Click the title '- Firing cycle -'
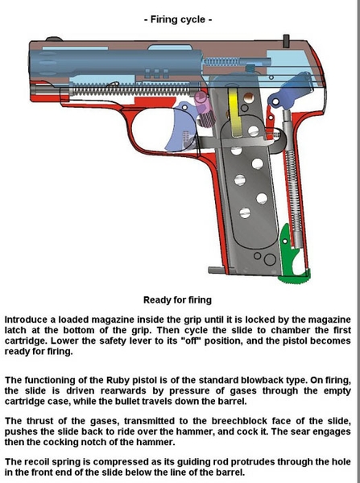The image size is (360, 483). pos(178,19)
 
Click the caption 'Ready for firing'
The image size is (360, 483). pos(177,299)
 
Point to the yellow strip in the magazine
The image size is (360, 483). pos(235,113)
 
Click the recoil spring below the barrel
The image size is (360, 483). pos(131,90)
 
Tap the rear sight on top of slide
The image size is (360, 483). pos(287,41)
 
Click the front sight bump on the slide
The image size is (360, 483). pos(54,39)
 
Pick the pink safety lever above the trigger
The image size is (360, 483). pos(205,109)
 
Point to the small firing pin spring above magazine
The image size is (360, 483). pos(221,62)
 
